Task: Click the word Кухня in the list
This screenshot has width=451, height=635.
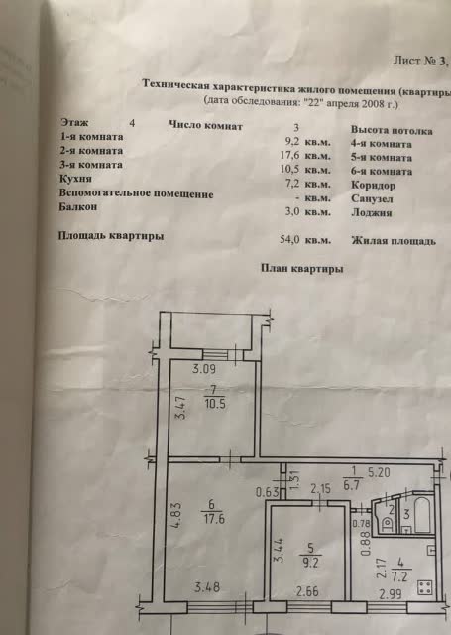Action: point(75,179)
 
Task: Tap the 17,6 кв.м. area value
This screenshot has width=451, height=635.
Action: point(305,156)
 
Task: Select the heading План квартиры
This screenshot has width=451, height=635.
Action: point(301,268)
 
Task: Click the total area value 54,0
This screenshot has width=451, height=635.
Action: point(289,239)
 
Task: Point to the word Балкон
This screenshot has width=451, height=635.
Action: point(78,206)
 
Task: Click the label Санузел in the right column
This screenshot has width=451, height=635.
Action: point(372,198)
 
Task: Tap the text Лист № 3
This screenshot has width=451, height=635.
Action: point(420,61)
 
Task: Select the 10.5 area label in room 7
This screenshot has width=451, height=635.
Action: point(215,404)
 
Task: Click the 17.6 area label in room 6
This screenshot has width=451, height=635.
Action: point(214,519)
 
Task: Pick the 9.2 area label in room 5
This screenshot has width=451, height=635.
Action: point(310,564)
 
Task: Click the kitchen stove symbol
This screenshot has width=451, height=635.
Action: point(424,587)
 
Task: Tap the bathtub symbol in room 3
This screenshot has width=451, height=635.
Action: point(423,514)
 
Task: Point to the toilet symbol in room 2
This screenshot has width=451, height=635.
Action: point(387,524)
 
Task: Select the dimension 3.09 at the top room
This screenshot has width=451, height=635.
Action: point(204,369)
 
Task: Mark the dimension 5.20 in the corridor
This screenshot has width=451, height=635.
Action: point(379,472)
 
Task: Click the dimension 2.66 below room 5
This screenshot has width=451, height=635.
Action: point(307,591)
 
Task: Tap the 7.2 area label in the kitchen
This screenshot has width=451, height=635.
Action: point(400,576)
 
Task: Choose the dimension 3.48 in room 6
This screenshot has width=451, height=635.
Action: point(207,586)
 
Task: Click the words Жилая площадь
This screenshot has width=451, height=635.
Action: point(394,240)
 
